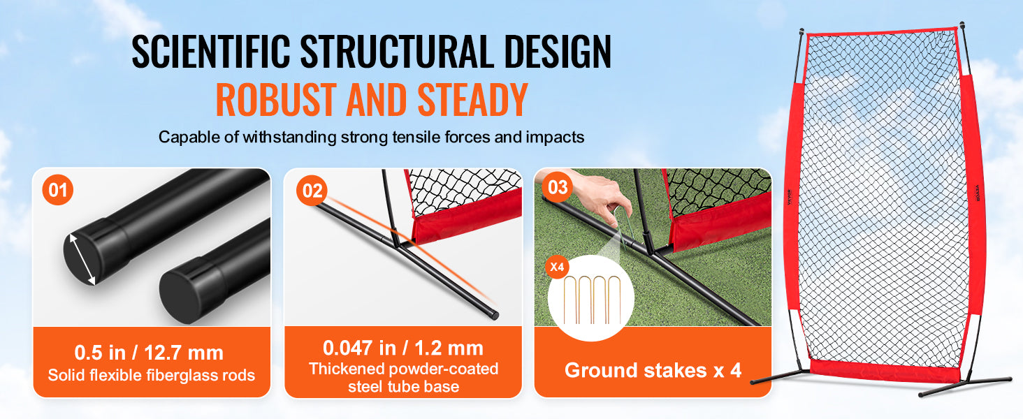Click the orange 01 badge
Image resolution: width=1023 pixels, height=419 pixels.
[57, 190]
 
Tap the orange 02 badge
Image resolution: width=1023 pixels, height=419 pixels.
[312, 191]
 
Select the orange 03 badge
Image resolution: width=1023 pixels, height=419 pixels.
[558, 187]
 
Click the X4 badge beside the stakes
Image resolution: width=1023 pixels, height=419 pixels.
[557, 267]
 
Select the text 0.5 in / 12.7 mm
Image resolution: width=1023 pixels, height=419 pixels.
[149, 353]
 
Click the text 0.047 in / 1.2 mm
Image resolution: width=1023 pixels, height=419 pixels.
[402, 348]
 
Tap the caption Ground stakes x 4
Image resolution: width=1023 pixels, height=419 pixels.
[653, 370]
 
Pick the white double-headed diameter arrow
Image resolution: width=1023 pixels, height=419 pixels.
[82, 259]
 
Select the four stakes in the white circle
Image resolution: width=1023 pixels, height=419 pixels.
[592, 300]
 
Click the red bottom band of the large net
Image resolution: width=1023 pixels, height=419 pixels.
[885, 371]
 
